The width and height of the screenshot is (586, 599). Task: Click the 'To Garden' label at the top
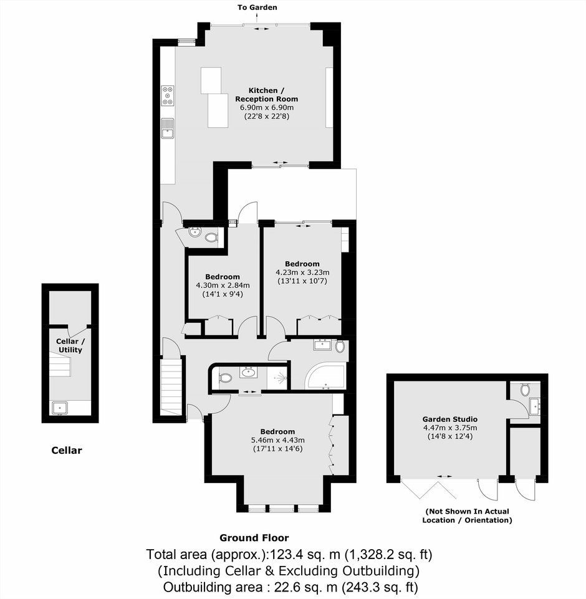pyautogui.click(x=257, y=7)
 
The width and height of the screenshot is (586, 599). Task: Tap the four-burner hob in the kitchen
pyautogui.click(x=168, y=95)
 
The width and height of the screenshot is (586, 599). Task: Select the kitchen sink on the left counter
pyautogui.click(x=168, y=128)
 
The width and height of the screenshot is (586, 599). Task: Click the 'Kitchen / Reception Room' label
pyautogui.click(x=266, y=95)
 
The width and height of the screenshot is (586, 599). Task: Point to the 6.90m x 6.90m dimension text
pyautogui.click(x=266, y=107)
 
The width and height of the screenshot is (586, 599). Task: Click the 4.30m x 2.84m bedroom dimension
pyautogui.click(x=223, y=285)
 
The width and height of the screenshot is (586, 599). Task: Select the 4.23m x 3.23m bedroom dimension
pyautogui.click(x=302, y=272)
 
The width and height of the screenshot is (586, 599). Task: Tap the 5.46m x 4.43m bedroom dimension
pyautogui.click(x=277, y=440)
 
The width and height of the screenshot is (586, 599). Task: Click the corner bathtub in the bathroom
pyautogui.click(x=325, y=376)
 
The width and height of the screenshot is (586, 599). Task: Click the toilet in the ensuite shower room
pyautogui.click(x=225, y=378)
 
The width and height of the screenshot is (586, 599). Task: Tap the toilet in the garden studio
pyautogui.click(x=525, y=390)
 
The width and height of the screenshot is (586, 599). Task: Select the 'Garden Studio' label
pyautogui.click(x=450, y=419)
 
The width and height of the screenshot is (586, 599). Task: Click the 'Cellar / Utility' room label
pyautogui.click(x=70, y=346)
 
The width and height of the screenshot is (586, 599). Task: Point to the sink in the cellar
pyautogui.click(x=60, y=408)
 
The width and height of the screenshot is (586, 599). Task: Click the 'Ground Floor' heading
pyautogui.click(x=254, y=538)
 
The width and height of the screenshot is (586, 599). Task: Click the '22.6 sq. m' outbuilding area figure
pyautogui.click(x=305, y=587)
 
